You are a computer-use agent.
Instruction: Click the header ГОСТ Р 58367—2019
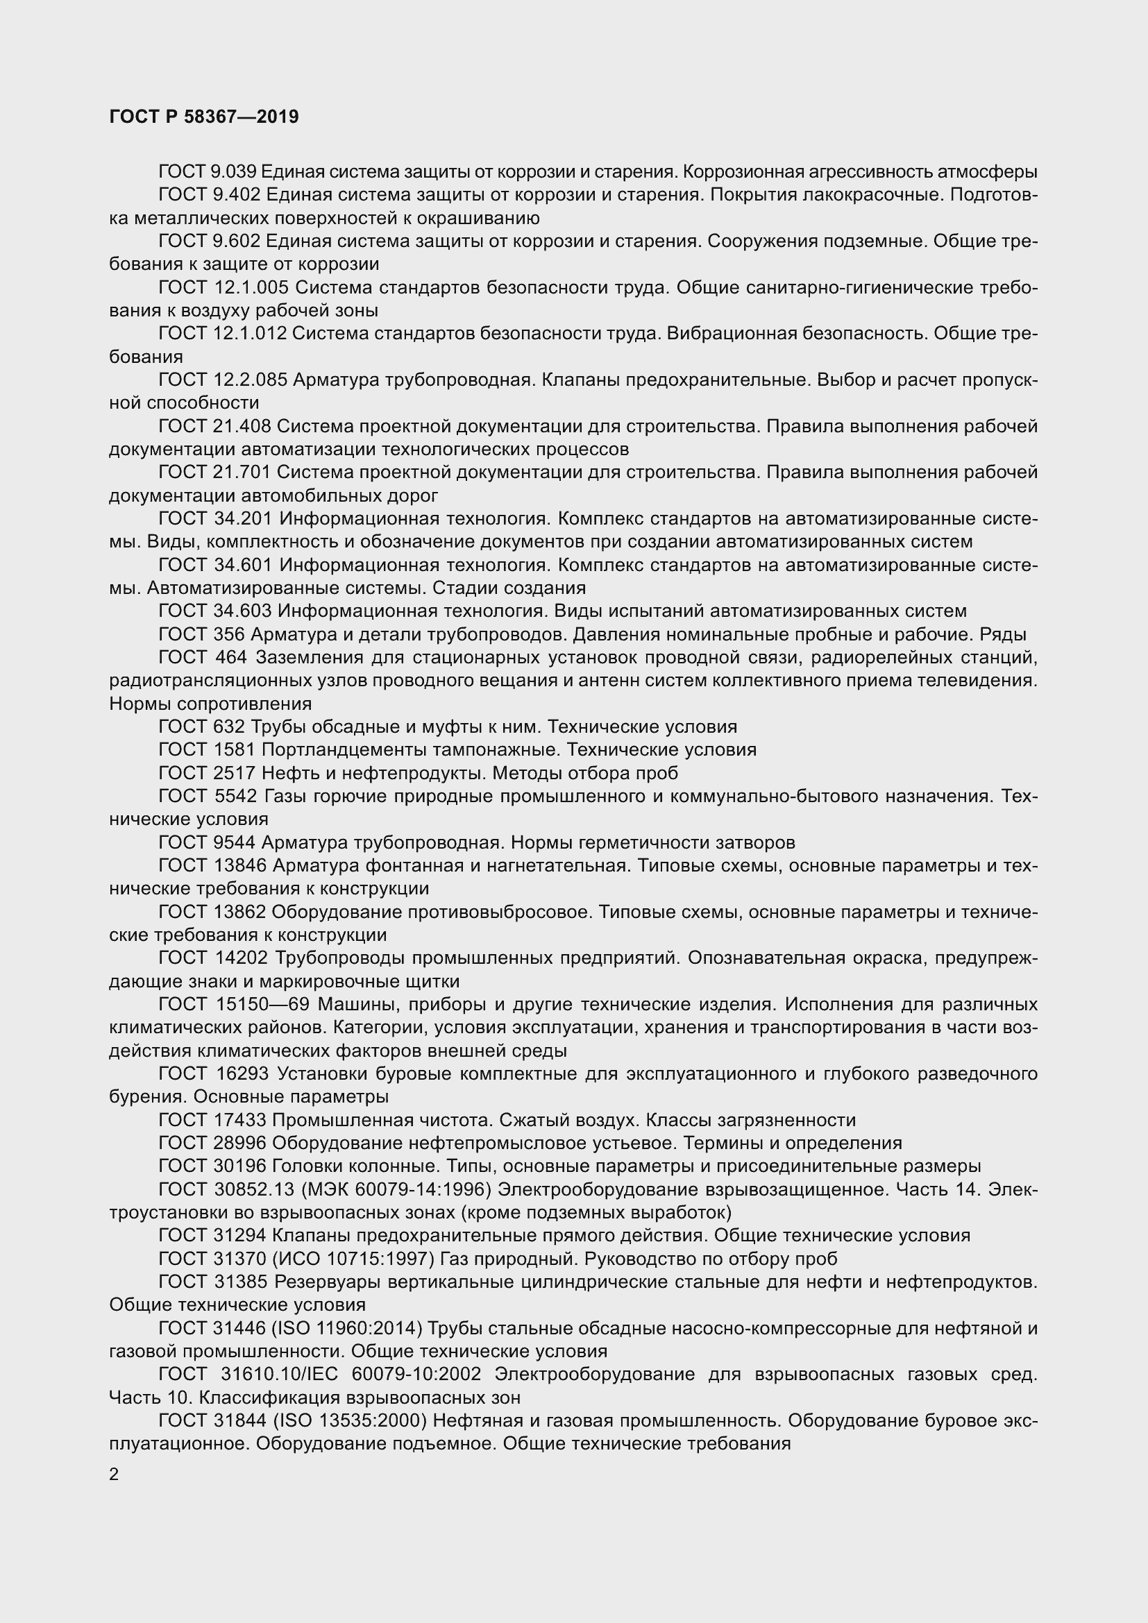[204, 117]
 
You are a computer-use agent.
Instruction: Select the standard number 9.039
[234, 172]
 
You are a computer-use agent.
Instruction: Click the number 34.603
[242, 611]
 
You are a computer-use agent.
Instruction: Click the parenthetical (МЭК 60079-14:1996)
[396, 1190]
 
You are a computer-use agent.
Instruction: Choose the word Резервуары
[324, 1282]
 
